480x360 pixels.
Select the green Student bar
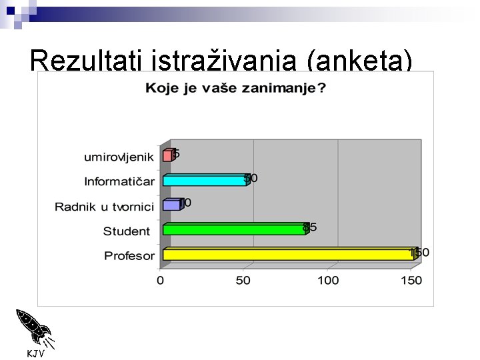tap(233, 229)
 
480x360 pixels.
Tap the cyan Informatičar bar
tap(204, 180)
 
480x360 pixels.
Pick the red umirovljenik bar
tap(167, 156)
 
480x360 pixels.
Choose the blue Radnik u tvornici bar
tap(171, 205)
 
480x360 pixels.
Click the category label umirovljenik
tap(119, 157)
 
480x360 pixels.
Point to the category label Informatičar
tap(119, 181)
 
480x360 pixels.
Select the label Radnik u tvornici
tap(105, 206)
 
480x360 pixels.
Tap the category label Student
tap(127, 231)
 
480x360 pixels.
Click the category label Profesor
tap(129, 255)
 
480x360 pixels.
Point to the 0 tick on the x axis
tap(160, 281)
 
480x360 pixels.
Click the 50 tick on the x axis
tap(243, 281)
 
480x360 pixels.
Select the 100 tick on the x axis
tap(327, 281)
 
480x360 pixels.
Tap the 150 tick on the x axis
tap(411, 281)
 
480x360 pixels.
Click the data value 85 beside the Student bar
tap(310, 227)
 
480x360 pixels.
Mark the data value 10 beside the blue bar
tap(185, 203)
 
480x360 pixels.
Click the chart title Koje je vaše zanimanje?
tap(235, 88)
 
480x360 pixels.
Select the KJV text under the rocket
tap(35, 353)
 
